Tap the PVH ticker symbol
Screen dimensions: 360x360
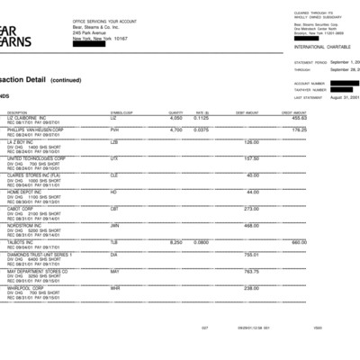[x=115, y=130]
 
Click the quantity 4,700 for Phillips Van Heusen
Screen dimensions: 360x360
[x=176, y=130]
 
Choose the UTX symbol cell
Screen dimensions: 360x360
[x=114, y=158]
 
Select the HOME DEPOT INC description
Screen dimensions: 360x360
[x=26, y=192]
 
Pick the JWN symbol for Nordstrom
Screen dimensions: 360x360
[x=115, y=226]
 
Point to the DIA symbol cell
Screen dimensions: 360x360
[x=114, y=255]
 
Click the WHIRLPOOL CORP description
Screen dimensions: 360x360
[x=26, y=288]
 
